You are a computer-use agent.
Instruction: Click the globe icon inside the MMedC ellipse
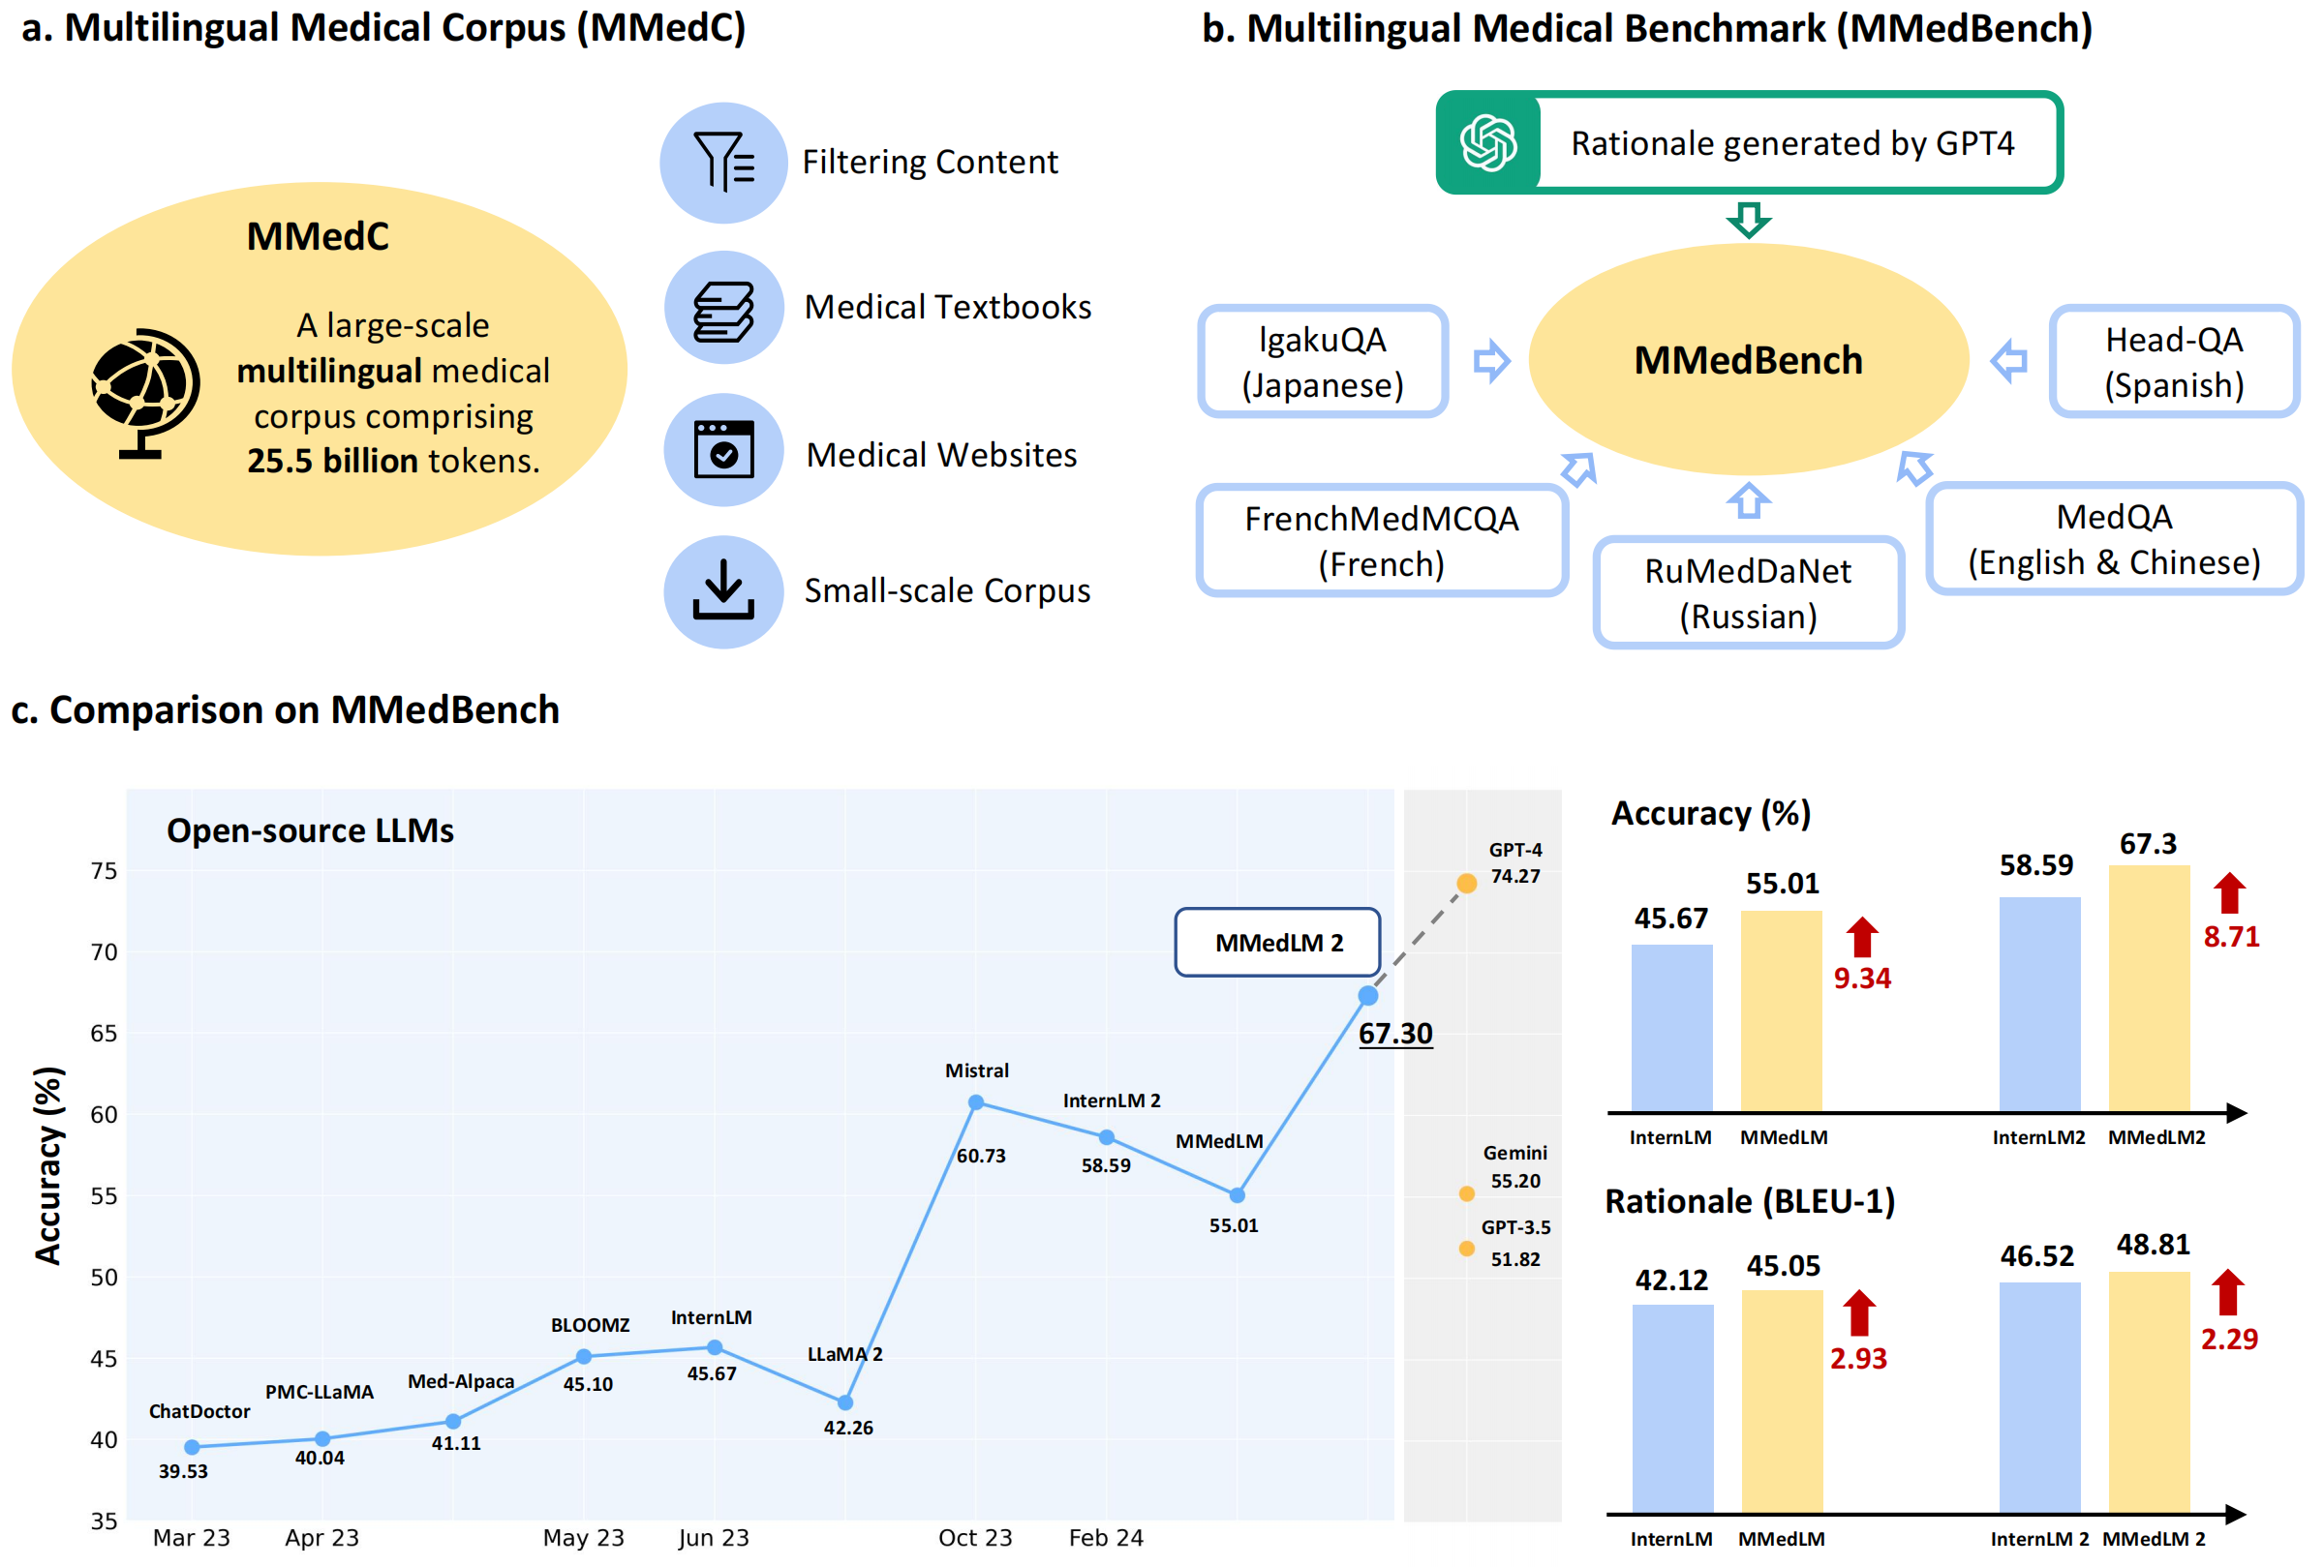[145, 393]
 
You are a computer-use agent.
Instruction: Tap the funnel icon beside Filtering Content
[723, 162]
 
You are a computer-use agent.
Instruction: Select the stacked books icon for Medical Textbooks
[723, 309]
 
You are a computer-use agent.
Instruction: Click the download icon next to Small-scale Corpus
[723, 591]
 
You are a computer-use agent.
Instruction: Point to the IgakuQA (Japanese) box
[1322, 362]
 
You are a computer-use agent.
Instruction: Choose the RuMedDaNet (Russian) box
[1747, 592]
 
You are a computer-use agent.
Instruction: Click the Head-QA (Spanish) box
[2173, 362]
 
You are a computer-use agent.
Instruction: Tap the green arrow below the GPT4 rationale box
[1748, 219]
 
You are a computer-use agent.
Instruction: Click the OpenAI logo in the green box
[1488, 143]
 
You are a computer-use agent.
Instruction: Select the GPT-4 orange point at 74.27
[1466, 884]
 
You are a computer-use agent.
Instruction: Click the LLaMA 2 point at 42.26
[844, 1402]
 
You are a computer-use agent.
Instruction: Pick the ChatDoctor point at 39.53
[192, 1447]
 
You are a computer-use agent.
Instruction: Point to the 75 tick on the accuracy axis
[104, 871]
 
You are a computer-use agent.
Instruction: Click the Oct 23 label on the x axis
[974, 1538]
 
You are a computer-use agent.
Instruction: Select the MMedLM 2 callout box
[1277, 943]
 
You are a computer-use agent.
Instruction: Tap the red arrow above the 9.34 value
[1861, 938]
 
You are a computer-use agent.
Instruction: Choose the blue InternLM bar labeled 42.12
[1671, 1409]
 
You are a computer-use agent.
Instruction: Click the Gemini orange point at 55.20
[1466, 1193]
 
